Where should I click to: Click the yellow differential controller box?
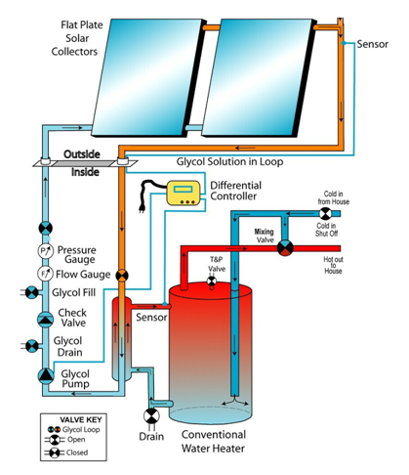[184, 193]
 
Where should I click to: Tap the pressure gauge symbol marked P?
[45, 251]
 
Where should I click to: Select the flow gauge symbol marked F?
[45, 274]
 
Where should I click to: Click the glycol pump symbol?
[46, 375]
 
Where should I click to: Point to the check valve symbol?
[46, 320]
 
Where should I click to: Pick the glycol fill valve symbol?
[32, 292]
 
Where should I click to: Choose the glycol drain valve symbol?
[32, 346]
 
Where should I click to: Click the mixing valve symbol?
[285, 248]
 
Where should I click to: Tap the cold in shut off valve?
[325, 214]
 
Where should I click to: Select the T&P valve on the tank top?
[212, 281]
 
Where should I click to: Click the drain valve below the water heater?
[151, 416]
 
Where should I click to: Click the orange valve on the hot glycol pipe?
[122, 276]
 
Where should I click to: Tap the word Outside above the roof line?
[82, 154]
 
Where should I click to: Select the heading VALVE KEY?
[81, 419]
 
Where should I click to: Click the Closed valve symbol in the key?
[55, 453]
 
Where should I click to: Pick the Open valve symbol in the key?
[55, 440]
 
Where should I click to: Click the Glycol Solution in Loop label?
[229, 161]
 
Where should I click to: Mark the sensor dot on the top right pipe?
[344, 43]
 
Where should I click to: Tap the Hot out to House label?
[333, 265]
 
